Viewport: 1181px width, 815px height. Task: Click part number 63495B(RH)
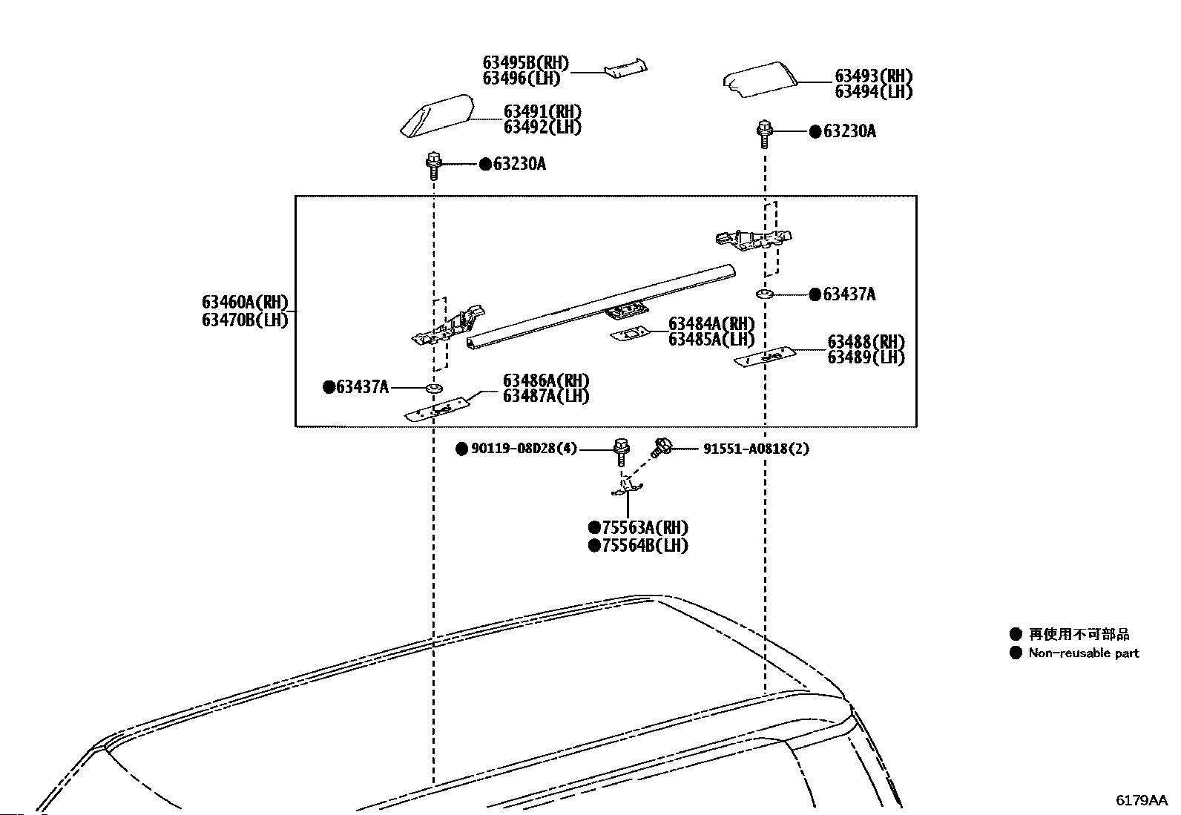coord(526,63)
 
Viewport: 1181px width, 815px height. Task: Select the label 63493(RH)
coord(873,76)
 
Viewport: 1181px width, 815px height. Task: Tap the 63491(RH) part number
coord(542,112)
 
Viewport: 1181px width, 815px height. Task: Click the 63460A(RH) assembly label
coord(245,302)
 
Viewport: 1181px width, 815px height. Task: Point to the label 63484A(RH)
coord(711,323)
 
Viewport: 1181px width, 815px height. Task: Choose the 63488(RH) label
coord(866,342)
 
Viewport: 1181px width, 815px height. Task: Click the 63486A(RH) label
coord(546,380)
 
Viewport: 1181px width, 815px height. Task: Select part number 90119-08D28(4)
coord(524,449)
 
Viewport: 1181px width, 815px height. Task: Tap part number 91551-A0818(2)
coord(755,449)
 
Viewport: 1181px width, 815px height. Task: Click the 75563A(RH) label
coord(645,528)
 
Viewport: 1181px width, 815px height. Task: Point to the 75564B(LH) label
coord(645,546)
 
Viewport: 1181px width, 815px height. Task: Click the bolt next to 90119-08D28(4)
coord(621,453)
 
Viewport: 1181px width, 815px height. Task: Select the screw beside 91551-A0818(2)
coord(661,448)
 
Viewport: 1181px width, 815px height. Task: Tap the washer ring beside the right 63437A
coord(764,294)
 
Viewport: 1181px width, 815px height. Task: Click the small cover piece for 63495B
coord(626,68)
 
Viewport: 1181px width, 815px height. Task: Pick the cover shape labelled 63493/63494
coord(759,79)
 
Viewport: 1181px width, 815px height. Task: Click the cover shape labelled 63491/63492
coord(437,116)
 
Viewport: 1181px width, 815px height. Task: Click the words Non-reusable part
coord(1084,653)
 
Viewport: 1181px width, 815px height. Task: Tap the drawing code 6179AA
coord(1142,800)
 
